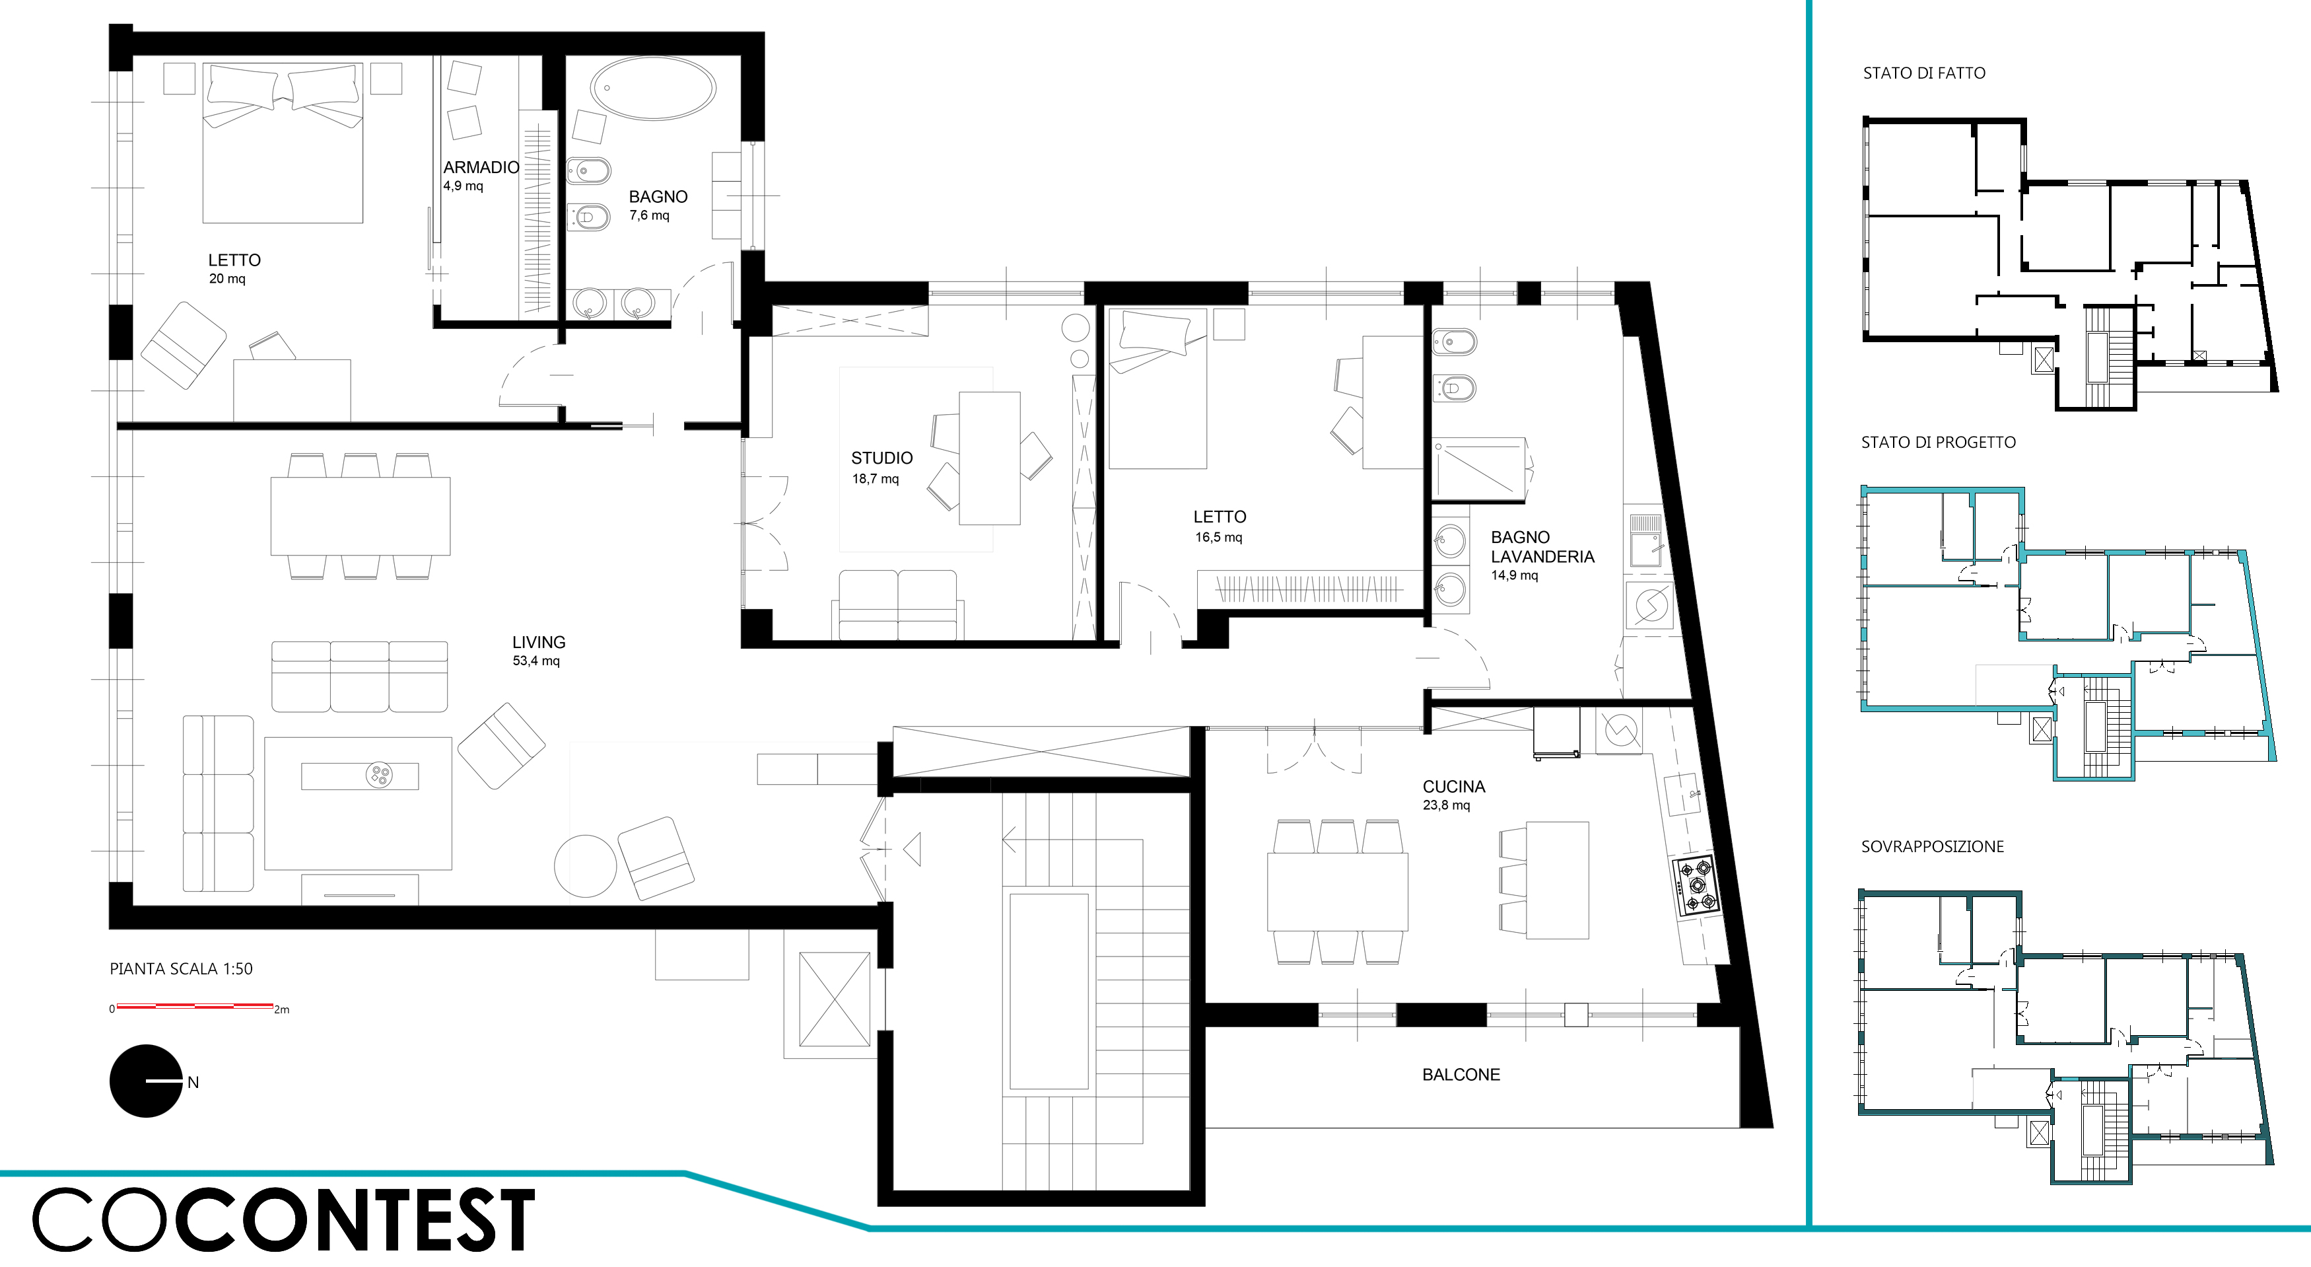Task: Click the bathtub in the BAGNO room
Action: click(x=652, y=89)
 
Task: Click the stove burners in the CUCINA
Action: click(x=1695, y=885)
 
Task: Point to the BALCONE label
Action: click(x=1461, y=1074)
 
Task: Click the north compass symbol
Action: click(x=146, y=1081)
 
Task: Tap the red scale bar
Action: click(x=195, y=1006)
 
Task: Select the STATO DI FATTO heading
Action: click(x=1923, y=73)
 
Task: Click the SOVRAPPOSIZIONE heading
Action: click(x=1931, y=846)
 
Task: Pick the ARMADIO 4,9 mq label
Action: click(x=481, y=176)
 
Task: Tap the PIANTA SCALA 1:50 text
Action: click(x=181, y=969)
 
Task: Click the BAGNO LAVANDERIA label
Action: click(x=1542, y=556)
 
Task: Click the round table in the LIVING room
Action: click(x=586, y=866)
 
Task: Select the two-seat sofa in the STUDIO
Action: click(x=898, y=605)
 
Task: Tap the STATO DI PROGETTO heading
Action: click(x=1938, y=443)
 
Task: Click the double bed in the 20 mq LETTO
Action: click(x=283, y=143)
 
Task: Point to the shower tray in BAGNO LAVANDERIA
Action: click(x=1478, y=468)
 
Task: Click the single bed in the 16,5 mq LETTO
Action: click(x=1157, y=388)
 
